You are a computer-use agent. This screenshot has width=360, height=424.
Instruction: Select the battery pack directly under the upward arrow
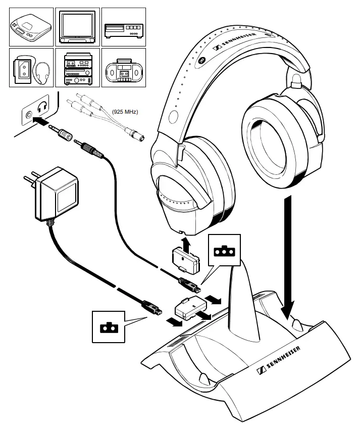pyautogui.click(x=184, y=259)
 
